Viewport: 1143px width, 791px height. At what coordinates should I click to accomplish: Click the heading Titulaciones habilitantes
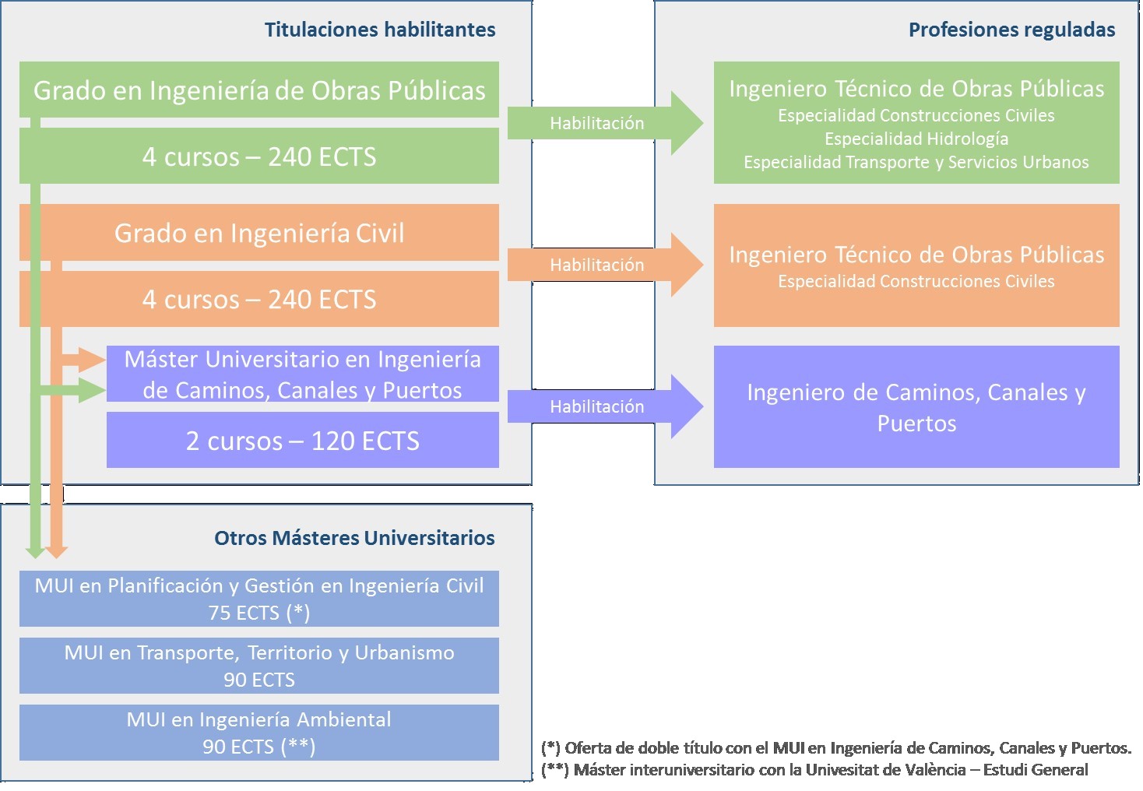[x=379, y=30]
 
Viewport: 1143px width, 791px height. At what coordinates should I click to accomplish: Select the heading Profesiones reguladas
[x=1011, y=30]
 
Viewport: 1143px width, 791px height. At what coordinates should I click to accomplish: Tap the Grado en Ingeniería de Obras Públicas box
[x=259, y=90]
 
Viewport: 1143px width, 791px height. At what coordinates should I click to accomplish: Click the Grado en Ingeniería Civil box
[x=259, y=233]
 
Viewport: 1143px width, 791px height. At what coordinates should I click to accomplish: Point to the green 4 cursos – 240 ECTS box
[x=259, y=156]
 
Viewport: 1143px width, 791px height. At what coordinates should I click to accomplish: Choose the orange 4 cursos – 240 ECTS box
[x=259, y=299]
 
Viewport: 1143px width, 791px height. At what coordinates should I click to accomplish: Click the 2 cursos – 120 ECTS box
[x=302, y=441]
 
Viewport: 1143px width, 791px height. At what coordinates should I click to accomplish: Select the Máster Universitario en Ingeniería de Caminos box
[x=302, y=374]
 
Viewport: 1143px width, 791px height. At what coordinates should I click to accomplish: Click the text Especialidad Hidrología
[x=916, y=139]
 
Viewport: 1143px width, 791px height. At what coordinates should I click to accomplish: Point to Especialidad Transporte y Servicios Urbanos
[x=916, y=163]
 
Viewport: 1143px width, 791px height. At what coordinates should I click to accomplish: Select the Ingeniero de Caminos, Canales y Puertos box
[x=916, y=407]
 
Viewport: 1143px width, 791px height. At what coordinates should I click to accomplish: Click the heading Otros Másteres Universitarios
[x=354, y=538]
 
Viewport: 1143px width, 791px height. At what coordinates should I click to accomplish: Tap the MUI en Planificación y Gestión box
[x=259, y=599]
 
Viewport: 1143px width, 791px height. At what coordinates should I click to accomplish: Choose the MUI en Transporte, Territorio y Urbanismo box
[x=259, y=666]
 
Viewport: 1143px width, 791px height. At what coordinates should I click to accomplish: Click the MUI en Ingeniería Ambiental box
[x=259, y=733]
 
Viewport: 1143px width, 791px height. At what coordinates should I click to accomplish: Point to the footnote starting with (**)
[x=814, y=770]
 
